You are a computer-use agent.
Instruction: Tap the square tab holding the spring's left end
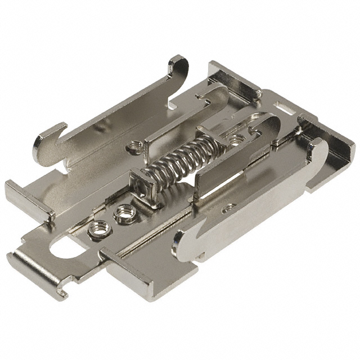pyautogui.click(x=141, y=183)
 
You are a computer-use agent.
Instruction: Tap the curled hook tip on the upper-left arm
pyautogui.click(x=42, y=143)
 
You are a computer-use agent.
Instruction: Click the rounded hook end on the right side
pyautogui.click(x=321, y=150)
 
